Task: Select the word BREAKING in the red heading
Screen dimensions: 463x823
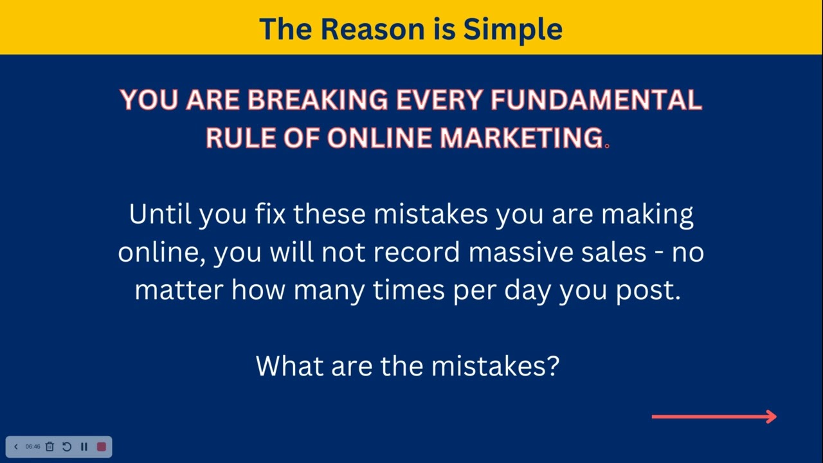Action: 318,100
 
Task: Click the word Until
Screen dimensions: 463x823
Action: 160,214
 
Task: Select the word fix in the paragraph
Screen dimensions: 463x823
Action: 270,214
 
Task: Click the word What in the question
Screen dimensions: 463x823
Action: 290,366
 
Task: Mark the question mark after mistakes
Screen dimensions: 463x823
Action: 553,366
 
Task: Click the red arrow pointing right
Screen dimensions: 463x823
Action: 714,417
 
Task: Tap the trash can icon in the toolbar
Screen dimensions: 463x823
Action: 50,446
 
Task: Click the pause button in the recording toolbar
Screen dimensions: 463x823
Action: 84,446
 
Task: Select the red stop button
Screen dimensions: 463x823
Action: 101,446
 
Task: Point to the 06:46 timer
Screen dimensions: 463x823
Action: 33,446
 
